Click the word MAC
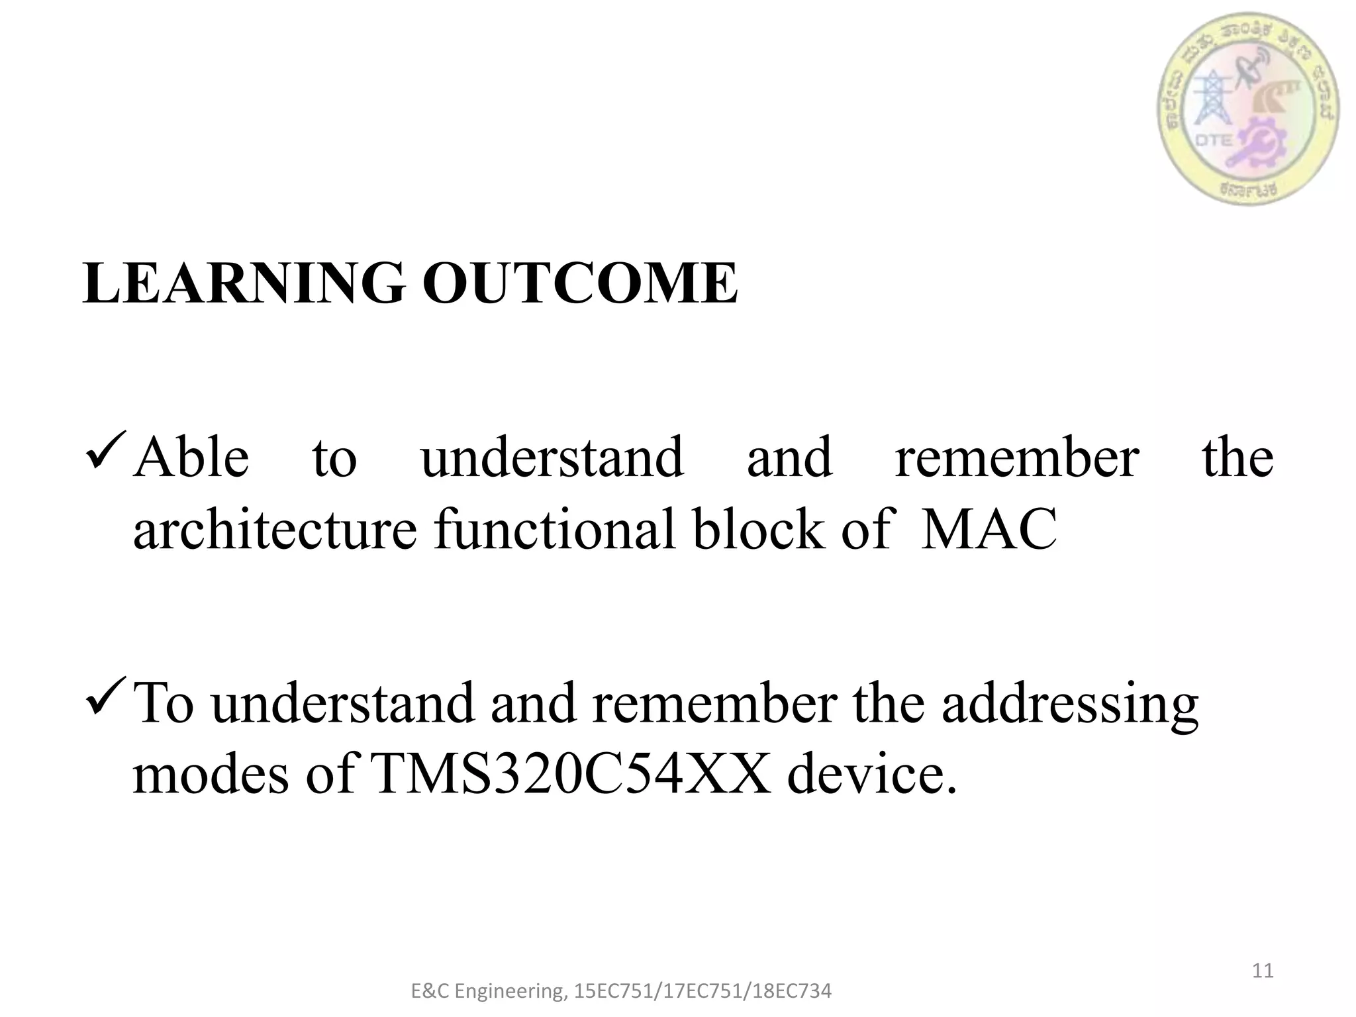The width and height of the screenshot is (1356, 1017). (989, 530)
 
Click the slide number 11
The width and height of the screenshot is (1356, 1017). (1263, 971)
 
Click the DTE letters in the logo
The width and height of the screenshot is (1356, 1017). (1214, 141)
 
